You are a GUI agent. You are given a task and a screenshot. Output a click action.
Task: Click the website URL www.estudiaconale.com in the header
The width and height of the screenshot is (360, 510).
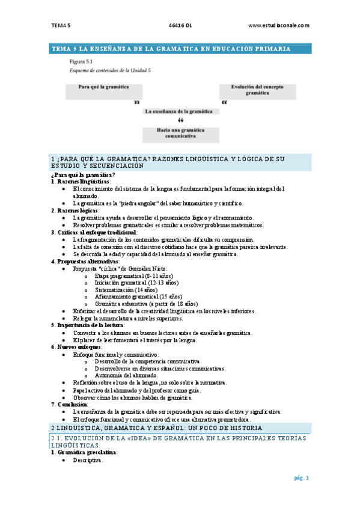(278, 25)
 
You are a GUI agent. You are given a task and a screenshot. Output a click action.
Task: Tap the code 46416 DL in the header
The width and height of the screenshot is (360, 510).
(180, 25)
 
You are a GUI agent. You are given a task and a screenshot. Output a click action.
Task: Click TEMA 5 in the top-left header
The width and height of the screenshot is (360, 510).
(60, 25)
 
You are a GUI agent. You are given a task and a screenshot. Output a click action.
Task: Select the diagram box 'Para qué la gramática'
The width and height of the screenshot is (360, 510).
(104, 90)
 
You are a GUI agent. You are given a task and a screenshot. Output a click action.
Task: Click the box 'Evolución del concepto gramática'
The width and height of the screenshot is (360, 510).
(258, 90)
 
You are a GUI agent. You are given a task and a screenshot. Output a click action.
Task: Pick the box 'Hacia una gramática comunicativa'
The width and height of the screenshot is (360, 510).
(179, 133)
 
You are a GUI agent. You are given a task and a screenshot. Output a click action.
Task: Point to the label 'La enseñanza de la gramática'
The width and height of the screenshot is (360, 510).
(179, 111)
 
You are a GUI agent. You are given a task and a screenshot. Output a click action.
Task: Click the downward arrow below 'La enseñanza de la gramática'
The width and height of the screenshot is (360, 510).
(180, 120)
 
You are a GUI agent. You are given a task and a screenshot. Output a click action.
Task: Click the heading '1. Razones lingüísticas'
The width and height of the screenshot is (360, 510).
(81, 181)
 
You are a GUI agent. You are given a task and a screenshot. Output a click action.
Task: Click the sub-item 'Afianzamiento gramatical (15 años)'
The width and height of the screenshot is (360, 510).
(138, 296)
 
